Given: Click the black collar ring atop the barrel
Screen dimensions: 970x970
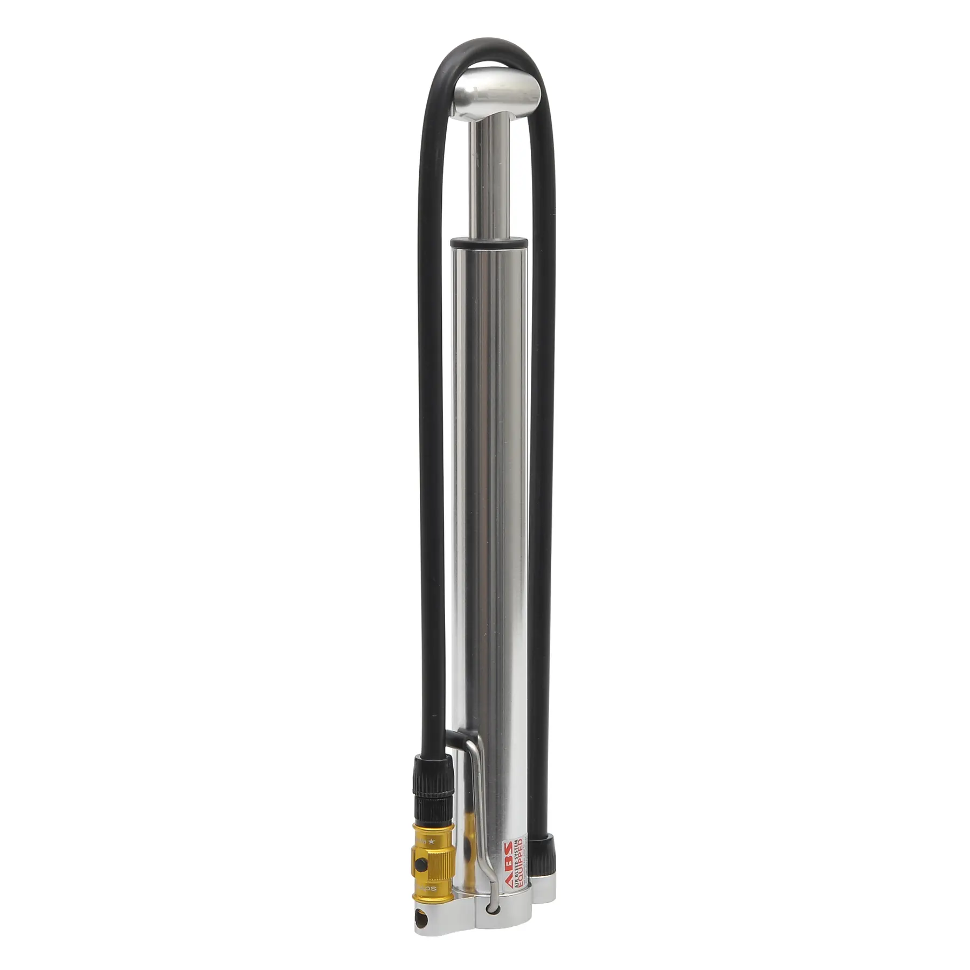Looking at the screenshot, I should [x=488, y=243].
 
